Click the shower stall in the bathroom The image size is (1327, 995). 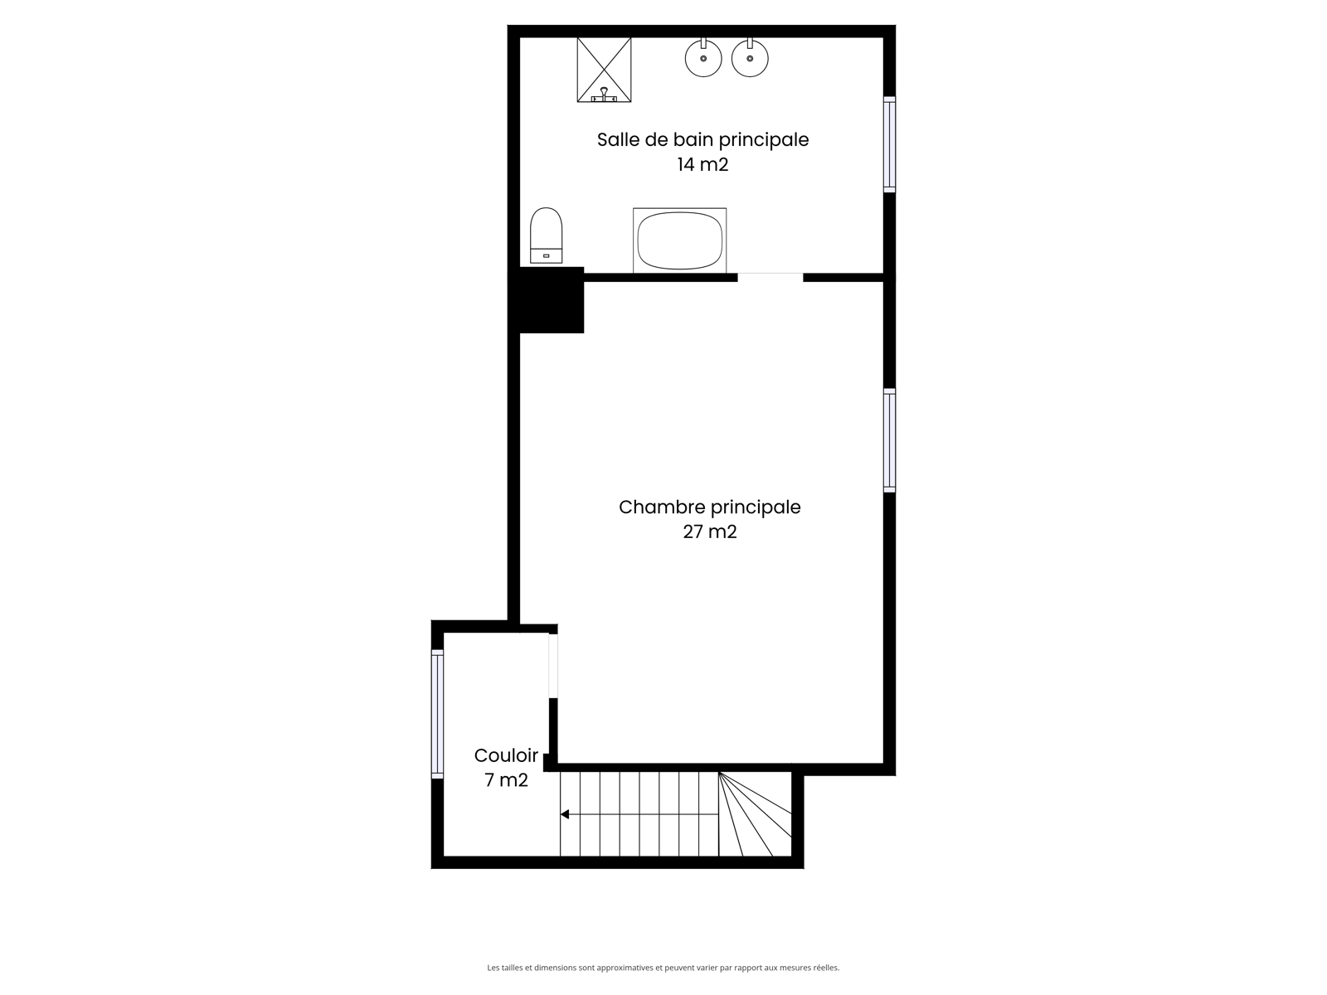click(x=603, y=70)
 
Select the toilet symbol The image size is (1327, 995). click(x=546, y=235)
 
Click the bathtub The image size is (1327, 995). click(x=679, y=240)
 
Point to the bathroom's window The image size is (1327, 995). click(x=889, y=144)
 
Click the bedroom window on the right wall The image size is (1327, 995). click(x=889, y=440)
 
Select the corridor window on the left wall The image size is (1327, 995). click(x=437, y=714)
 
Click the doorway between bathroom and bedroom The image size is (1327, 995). click(x=770, y=277)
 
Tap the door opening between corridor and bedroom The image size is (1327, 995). click(x=553, y=665)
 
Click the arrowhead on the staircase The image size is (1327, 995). click(x=565, y=814)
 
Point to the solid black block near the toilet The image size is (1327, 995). click(x=546, y=299)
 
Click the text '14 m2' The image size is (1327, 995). click(x=702, y=164)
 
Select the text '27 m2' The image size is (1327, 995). click(x=710, y=531)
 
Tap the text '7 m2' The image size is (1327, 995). click(x=506, y=780)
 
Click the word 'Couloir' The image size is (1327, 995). click(x=506, y=755)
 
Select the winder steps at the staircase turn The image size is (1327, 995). click(x=755, y=813)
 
